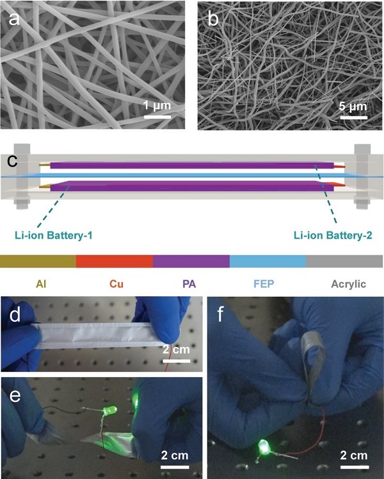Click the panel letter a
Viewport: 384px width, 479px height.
click(x=14, y=19)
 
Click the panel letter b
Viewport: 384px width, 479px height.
click(x=213, y=19)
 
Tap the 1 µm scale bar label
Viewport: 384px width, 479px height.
click(x=157, y=106)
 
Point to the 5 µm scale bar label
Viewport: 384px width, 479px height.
click(x=353, y=106)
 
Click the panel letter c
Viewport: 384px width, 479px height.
click(x=12, y=161)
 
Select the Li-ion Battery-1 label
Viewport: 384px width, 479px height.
click(x=53, y=235)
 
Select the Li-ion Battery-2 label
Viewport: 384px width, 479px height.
click(x=333, y=235)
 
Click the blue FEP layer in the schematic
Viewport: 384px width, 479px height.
click(x=192, y=176)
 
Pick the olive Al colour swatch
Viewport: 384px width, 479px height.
click(x=38, y=262)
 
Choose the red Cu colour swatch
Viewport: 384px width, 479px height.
click(x=115, y=262)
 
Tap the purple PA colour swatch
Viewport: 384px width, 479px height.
click(x=191, y=262)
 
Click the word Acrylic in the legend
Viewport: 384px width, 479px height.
click(x=349, y=285)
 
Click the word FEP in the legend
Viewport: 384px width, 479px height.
click(x=264, y=284)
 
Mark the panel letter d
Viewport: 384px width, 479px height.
click(x=15, y=315)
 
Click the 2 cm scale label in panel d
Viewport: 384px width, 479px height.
click(x=176, y=349)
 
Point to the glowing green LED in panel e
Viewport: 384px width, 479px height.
click(x=110, y=410)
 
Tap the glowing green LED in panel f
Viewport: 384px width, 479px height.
click(x=263, y=448)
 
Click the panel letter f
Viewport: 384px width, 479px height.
click(x=221, y=315)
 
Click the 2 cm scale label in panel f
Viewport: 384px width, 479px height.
click(x=354, y=456)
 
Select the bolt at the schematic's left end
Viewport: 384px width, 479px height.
click(x=22, y=176)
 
